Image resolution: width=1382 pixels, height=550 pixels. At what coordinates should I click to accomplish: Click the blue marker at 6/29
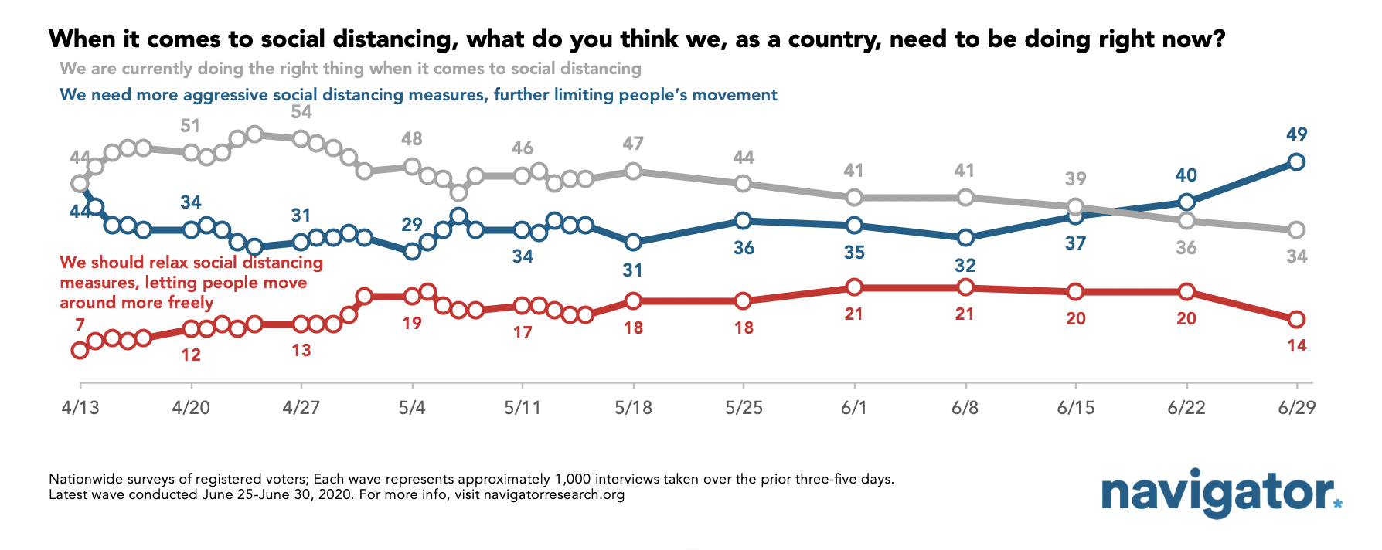(1296, 162)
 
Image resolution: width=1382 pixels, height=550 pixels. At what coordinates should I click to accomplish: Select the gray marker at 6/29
(1296, 230)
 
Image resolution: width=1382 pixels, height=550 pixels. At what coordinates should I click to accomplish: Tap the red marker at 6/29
(1296, 319)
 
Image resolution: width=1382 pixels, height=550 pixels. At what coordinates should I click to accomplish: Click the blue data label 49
(1296, 134)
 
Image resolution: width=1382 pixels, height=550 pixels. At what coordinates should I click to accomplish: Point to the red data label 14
(1296, 346)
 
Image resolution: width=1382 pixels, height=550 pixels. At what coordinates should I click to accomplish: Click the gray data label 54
(301, 112)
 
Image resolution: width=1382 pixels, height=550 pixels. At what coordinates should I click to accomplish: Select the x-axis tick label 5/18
(633, 408)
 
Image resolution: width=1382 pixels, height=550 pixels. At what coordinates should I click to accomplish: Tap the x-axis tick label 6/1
(854, 408)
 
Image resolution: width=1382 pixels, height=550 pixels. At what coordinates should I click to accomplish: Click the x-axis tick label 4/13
(80, 408)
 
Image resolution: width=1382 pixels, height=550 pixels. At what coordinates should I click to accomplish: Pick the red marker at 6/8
(965, 287)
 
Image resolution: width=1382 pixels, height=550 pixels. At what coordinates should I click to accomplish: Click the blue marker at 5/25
(743, 221)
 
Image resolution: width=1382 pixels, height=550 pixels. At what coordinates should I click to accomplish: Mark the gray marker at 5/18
(633, 171)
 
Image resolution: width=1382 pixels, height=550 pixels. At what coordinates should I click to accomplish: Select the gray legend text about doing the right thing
(350, 69)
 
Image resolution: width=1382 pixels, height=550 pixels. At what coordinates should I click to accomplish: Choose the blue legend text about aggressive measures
(418, 95)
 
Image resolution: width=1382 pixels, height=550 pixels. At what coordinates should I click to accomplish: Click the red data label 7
(80, 324)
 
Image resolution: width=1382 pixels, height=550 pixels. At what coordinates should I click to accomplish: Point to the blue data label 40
(1186, 175)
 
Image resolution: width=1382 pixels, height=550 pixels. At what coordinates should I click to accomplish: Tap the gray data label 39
(1075, 179)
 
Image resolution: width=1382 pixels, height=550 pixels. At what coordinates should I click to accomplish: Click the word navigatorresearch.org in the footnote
(553, 494)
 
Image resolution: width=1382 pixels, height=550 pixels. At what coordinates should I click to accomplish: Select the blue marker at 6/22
(1186, 202)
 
